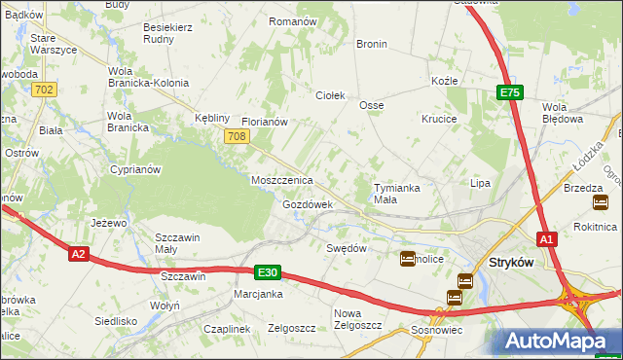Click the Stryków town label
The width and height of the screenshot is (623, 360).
[515, 263]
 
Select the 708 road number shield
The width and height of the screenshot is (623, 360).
[235, 137]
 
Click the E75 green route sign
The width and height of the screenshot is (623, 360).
[510, 92]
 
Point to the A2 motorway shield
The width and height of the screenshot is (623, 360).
[80, 254]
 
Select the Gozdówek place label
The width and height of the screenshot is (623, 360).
[308, 205]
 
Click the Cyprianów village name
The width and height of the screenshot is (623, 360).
[135, 168]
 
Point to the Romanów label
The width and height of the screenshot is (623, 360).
[293, 21]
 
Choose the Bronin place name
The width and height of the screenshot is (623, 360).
[372, 44]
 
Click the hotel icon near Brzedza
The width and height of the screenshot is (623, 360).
[601, 202]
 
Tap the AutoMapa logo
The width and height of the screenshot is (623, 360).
[557, 341]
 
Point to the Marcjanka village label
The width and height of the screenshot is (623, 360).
[258, 294]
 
